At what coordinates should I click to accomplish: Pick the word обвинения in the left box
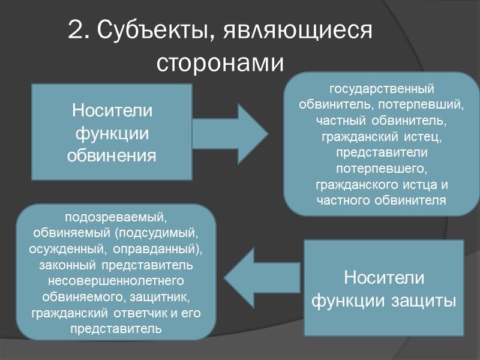pos(112,156)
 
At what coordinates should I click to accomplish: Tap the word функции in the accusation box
pos(112,134)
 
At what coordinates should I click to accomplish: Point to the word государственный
pos(382,89)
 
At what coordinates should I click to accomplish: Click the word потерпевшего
pos(382,170)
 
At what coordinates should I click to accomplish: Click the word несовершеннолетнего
pos(115,280)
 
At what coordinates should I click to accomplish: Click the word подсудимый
pos(161,232)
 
